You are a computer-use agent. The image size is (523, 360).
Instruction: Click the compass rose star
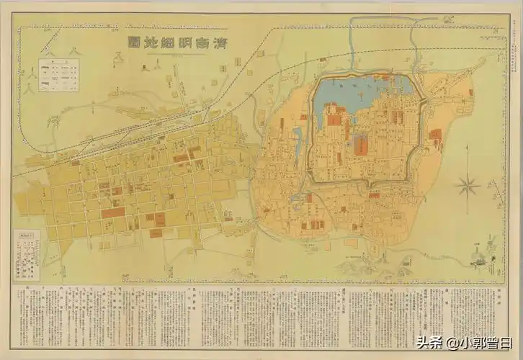(x=467, y=186)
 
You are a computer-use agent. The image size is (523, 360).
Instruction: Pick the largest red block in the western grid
(x=112, y=212)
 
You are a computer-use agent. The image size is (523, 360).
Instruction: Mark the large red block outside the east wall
(x=435, y=135)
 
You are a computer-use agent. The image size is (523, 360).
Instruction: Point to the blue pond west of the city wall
(x=298, y=135)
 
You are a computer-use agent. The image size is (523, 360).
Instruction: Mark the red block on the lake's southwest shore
(x=333, y=115)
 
